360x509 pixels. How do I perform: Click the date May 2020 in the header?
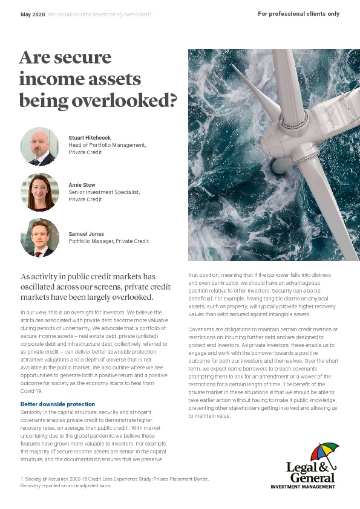(33, 14)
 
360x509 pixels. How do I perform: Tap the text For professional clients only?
(298, 14)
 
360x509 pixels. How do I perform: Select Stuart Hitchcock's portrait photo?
(40, 146)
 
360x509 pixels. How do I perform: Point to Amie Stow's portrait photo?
(40, 192)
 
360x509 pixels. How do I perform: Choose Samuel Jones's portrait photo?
(40, 238)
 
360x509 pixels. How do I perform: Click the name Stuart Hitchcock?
(90, 138)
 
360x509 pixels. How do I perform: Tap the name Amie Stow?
(82, 184)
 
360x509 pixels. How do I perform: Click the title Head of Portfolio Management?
(107, 145)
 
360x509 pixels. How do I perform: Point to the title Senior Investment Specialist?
(104, 192)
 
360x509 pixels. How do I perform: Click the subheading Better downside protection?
(57, 404)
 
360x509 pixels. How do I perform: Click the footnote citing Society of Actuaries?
(115, 479)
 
